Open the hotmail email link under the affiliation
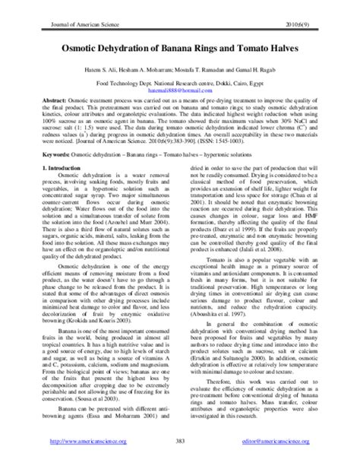tap(180, 88)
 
